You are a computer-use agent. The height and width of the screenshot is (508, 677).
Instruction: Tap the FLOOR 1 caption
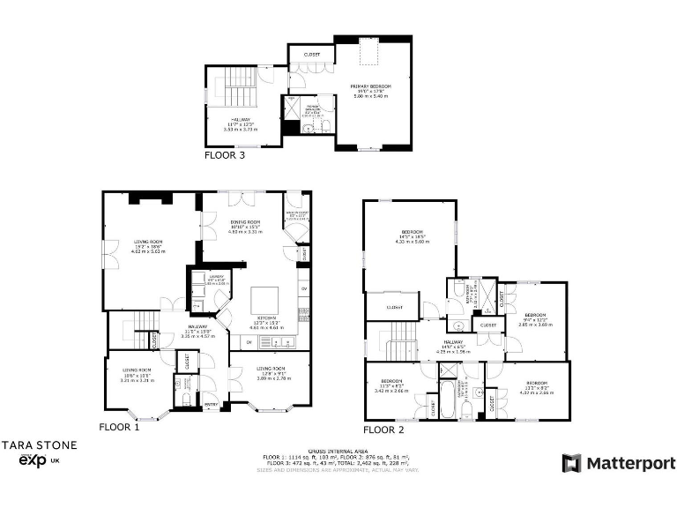[119, 427]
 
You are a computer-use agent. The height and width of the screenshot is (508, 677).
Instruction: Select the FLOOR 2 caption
[383, 430]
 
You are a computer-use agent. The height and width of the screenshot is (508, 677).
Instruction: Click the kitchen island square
[265, 298]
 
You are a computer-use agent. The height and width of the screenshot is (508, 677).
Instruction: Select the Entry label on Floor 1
[211, 406]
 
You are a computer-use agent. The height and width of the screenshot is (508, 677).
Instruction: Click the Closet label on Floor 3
[311, 55]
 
